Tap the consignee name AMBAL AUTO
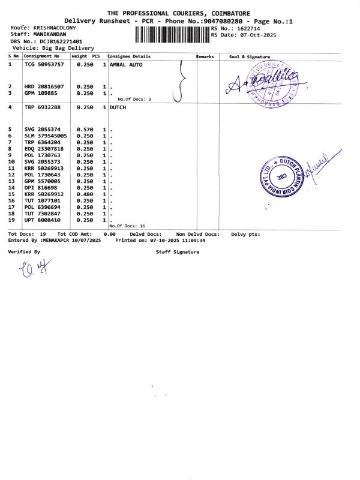[x=126, y=64]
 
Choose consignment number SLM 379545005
[x=46, y=136]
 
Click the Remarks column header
[x=205, y=56]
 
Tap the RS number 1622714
[x=250, y=28]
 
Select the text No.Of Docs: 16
[x=131, y=226]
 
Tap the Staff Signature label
[x=177, y=252]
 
